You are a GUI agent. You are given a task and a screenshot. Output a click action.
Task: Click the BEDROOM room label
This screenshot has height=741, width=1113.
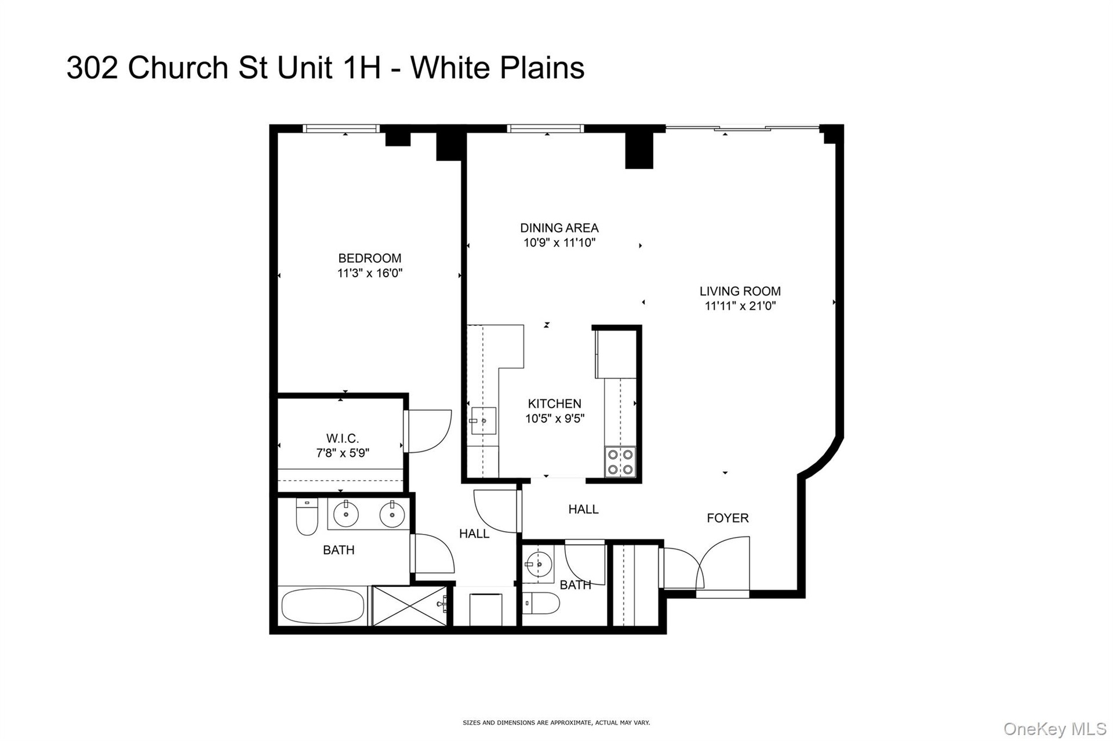click(x=370, y=258)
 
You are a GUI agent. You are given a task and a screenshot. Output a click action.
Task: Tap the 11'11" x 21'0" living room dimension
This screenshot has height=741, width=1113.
click(x=740, y=306)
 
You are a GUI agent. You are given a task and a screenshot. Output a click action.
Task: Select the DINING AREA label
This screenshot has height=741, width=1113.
click(x=559, y=228)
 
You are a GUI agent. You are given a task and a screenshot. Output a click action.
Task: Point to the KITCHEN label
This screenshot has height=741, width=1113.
click(x=555, y=404)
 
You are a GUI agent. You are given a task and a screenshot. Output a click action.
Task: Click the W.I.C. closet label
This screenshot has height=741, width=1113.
click(x=343, y=439)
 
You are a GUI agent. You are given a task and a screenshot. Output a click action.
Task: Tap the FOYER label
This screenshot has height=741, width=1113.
click(x=728, y=518)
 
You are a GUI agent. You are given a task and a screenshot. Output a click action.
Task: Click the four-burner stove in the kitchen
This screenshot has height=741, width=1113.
click(x=620, y=462)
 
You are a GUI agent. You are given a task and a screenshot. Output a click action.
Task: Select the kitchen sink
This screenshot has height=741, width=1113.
click(x=483, y=420)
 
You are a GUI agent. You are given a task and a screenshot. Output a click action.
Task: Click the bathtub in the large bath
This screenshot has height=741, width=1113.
click(x=323, y=606)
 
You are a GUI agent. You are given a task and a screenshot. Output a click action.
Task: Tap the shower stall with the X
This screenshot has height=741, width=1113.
click(x=410, y=606)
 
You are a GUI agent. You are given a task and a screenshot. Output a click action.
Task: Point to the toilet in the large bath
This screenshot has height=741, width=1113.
click(x=307, y=517)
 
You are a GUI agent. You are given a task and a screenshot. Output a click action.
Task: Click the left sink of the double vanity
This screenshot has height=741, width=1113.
click(x=346, y=514)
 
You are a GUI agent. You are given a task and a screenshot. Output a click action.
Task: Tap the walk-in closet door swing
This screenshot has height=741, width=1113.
click(x=428, y=431)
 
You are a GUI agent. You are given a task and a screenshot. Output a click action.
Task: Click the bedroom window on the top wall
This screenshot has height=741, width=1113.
click(x=341, y=129)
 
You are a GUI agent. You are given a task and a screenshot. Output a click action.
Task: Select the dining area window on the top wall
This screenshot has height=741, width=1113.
click(x=545, y=129)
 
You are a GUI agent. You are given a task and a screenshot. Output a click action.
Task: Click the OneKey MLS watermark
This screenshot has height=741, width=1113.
click(x=1054, y=729)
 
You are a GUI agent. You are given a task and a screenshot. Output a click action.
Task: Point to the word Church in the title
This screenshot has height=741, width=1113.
click(x=179, y=68)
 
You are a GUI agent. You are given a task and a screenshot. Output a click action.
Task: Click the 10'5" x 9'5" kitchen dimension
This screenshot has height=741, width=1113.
click(x=555, y=419)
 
